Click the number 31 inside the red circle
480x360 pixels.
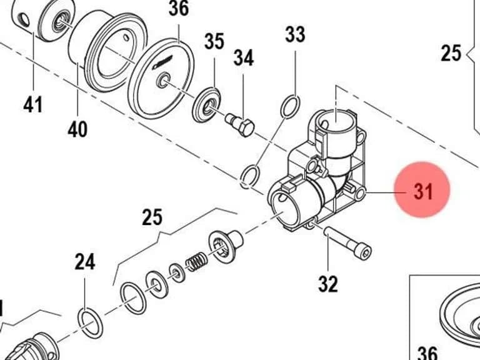(423, 192)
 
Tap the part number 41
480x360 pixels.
(33, 104)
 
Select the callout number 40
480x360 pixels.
(77, 129)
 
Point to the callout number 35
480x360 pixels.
(214, 41)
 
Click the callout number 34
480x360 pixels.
(244, 58)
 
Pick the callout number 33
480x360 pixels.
(295, 34)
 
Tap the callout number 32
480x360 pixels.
(328, 284)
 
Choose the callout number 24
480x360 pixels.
(85, 262)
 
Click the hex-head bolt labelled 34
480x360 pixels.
(240, 124)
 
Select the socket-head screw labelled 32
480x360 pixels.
(347, 242)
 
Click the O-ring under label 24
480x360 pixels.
(90, 323)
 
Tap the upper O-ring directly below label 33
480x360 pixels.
(290, 106)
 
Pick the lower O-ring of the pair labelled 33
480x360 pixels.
(250, 177)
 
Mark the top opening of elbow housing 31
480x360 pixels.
(336, 121)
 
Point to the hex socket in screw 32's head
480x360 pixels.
(364, 253)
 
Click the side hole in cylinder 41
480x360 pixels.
(23, 19)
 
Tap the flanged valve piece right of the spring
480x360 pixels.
(225, 245)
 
